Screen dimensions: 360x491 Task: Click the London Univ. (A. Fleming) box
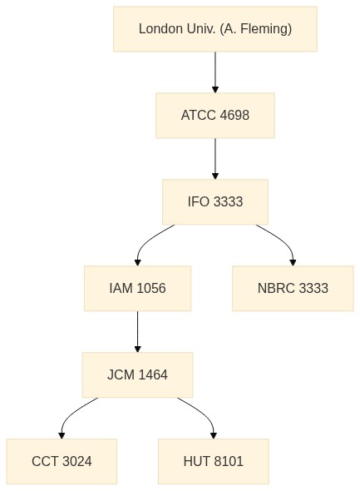pos(215,29)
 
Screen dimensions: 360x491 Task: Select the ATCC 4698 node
pos(215,115)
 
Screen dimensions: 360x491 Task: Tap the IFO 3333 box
pos(215,201)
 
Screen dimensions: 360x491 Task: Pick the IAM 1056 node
pos(138,289)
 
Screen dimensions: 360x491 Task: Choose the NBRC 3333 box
pos(293,289)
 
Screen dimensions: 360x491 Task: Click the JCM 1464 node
pos(138,374)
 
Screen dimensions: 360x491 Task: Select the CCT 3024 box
pos(62,461)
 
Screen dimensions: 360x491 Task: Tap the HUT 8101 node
pos(214,461)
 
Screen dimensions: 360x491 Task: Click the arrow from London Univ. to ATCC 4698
pos(215,72)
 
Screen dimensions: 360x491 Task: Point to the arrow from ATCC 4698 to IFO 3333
pos(215,158)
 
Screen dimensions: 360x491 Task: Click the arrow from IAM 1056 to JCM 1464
pos(138,331)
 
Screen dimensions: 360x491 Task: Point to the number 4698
pos(234,115)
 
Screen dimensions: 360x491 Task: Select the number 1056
pos(151,289)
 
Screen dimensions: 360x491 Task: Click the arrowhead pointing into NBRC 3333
pos(293,263)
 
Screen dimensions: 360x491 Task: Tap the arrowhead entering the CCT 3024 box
pos(62,435)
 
